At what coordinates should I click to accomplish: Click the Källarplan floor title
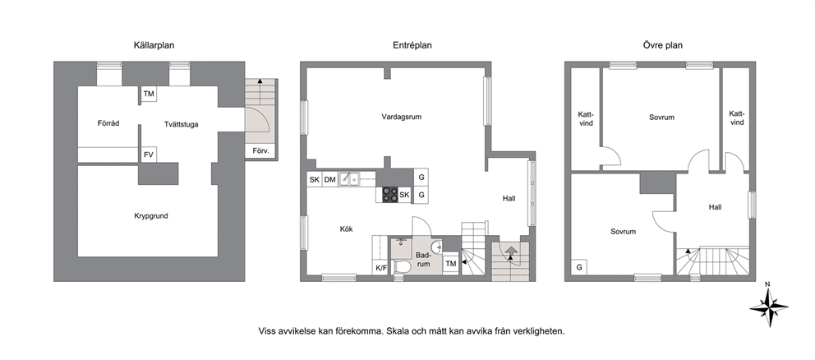pos(154,45)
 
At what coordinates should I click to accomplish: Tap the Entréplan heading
pos(412,45)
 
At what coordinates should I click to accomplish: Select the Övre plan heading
pos(663,45)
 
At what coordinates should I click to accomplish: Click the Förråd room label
pos(108,123)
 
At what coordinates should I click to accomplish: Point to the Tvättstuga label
pos(181,124)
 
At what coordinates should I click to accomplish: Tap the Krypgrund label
pos(150,216)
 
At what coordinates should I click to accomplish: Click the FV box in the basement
pos(149,155)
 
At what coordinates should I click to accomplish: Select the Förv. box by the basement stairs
pos(260,151)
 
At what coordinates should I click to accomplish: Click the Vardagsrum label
pos(401,117)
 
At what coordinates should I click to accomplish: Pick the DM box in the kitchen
pos(329,180)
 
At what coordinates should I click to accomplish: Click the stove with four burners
pos(390,195)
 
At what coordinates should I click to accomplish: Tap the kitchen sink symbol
pos(349,179)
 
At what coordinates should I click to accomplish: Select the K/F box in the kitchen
pos(381,268)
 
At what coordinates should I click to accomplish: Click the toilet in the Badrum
pos(402,266)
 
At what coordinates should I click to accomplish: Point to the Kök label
pos(346,228)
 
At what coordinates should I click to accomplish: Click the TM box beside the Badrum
pos(451,264)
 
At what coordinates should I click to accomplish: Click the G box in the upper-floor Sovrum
pos(578,267)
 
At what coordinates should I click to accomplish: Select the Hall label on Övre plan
pos(716,207)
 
